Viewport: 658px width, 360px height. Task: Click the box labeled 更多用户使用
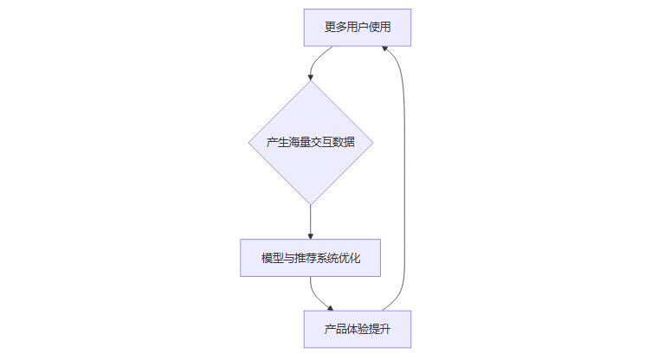tap(357, 28)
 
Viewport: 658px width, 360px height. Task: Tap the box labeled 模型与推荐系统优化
tap(310, 258)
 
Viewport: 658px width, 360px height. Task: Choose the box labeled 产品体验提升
tap(357, 330)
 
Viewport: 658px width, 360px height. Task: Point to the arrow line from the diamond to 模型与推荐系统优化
tap(310, 220)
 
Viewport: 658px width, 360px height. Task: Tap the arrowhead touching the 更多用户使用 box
tap(386, 49)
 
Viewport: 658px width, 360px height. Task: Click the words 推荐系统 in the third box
tap(310, 258)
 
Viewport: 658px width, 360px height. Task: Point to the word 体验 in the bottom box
tap(357, 330)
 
